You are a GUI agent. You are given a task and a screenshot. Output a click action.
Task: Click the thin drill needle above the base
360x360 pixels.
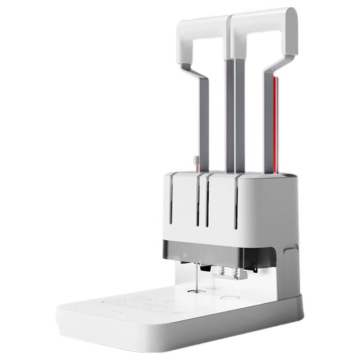[196, 277]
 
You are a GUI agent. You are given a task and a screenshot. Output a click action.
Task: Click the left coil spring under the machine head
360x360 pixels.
[221, 271]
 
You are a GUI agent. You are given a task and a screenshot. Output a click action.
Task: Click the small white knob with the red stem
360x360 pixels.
[196, 160]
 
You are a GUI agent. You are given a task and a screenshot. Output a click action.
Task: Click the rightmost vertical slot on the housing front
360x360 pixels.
[235, 205]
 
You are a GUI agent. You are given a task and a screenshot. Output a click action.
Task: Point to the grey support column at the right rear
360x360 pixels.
[289, 270]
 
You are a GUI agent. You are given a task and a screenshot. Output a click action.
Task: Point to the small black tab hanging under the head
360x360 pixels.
[205, 268]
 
